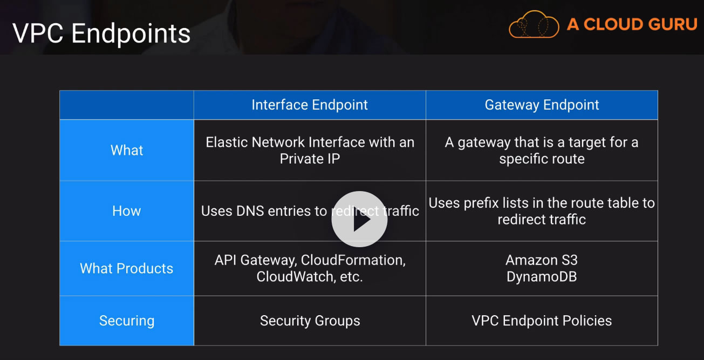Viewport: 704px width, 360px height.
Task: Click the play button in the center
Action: [x=359, y=219]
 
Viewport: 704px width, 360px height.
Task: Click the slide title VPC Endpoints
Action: [x=101, y=33]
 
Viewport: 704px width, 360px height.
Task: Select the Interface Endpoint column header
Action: [x=310, y=105]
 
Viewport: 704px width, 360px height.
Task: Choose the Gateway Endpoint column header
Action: [x=542, y=105]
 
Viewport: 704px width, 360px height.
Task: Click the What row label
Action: [x=127, y=150]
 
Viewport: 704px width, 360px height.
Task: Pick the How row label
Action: [x=127, y=211]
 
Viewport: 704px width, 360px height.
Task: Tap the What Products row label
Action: [x=127, y=268]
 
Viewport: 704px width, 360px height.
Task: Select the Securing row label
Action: [x=127, y=321]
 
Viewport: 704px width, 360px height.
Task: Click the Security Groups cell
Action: [x=310, y=321]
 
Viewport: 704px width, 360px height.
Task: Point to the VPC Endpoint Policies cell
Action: [x=542, y=321]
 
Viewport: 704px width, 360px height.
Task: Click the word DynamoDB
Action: [x=542, y=277]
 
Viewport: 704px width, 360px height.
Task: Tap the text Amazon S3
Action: [x=542, y=260]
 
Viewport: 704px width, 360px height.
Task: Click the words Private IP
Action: [x=310, y=159]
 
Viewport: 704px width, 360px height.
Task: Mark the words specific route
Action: [x=542, y=159]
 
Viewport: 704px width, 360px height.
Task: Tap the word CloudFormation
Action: [x=353, y=260]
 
